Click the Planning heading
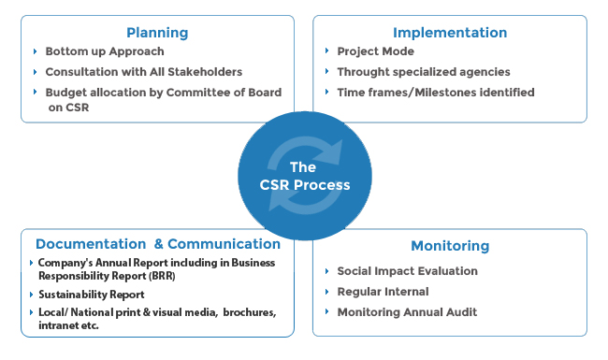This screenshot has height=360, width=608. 156,32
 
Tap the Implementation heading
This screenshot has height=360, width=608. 450,32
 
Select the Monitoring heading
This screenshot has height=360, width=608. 450,246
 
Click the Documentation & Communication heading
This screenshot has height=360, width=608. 157,244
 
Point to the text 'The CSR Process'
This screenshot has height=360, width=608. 305,176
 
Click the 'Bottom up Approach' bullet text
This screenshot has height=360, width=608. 104,51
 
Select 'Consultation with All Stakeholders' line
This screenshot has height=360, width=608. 143,72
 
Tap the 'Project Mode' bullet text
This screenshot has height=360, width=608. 375,51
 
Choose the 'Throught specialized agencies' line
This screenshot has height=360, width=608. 423,72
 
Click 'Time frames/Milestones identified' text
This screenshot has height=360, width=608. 436,93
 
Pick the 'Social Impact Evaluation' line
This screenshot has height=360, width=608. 408,271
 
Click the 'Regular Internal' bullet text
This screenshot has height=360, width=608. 383,292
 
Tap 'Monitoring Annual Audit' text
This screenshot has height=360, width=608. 408,312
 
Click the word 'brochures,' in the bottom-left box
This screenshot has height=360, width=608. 251,312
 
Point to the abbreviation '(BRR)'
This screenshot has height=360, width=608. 154,277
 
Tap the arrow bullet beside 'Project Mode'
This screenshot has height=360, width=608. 326,51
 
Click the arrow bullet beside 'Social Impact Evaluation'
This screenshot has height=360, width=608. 326,271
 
